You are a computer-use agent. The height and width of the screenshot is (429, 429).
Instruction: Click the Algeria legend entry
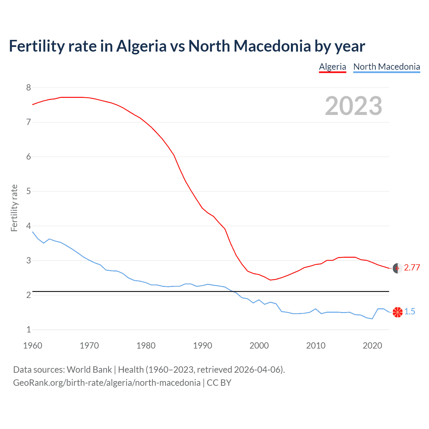pos(332,67)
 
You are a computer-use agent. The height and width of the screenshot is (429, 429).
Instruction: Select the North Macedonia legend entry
pos(386,67)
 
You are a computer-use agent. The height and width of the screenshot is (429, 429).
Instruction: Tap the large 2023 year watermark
pos(353,106)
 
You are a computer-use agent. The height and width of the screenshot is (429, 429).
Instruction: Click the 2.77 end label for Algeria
pos(412,267)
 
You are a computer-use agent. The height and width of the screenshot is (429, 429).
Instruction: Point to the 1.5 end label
pos(410,312)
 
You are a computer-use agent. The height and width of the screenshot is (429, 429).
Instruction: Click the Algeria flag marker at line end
pos(397,268)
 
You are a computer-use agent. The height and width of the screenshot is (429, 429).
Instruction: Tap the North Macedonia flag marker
pos(397,312)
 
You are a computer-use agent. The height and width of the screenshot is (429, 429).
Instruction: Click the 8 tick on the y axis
pos(28,88)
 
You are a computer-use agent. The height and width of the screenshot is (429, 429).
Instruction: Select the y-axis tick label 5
pos(28,191)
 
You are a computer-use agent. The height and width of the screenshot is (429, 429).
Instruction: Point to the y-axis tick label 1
pos(28,330)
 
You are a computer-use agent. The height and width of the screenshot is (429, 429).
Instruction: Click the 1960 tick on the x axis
pos(33,346)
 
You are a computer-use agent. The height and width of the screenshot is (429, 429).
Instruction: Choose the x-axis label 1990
pos(202,346)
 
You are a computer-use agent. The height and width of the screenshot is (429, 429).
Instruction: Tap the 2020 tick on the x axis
pos(372,346)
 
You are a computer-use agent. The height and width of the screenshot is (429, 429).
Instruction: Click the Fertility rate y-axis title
pos(14,208)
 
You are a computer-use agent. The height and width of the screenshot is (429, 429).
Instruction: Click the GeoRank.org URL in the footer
pos(107,383)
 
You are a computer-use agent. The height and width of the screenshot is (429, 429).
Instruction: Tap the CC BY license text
pos(219,383)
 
